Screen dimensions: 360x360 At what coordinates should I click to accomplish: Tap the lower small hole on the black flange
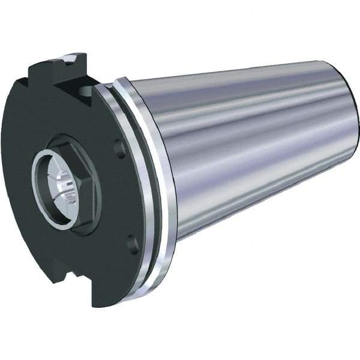[133, 244]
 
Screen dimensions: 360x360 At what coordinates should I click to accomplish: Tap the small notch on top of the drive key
[71, 59]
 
